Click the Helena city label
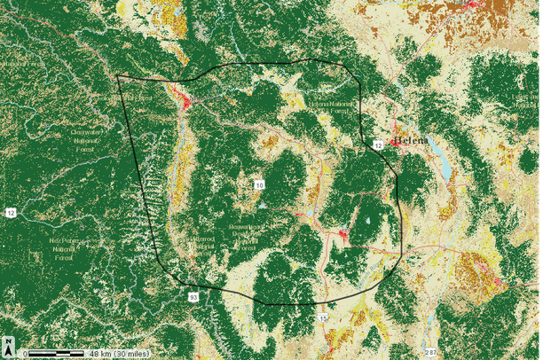[411, 141]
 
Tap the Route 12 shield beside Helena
[377, 144]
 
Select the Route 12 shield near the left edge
[11, 213]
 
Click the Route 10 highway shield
[259, 184]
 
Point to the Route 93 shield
[193, 297]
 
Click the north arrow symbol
[8, 344]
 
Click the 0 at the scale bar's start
[27, 354]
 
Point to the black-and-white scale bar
[57, 354]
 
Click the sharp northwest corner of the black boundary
[118, 75]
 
